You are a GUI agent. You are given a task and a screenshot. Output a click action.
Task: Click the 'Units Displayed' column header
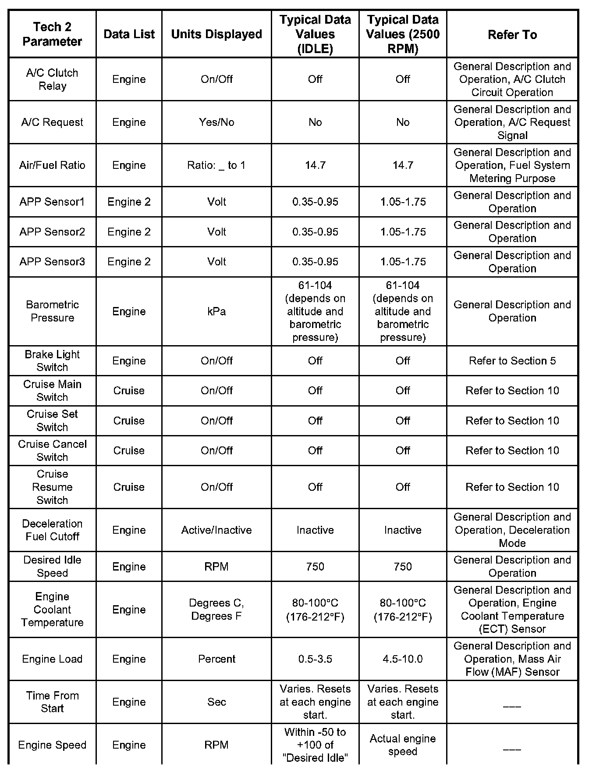point(216,34)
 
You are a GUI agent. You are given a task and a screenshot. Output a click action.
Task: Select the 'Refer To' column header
point(512,35)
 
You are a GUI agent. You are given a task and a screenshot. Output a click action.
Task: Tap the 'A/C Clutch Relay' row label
point(52,79)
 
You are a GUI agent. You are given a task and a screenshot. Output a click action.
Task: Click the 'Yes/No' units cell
point(216,122)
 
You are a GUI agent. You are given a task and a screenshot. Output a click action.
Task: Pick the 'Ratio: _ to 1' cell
point(216,165)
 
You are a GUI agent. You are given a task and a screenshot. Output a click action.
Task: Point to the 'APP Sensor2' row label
point(52,232)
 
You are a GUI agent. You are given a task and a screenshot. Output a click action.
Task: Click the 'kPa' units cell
point(216,311)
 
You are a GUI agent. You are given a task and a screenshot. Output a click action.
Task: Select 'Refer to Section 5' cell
point(512,361)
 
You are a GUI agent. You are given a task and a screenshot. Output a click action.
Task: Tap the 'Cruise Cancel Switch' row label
point(52,450)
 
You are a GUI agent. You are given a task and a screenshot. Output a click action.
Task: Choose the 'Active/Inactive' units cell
point(216,530)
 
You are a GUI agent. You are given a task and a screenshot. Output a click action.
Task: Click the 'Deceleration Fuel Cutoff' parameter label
point(52,530)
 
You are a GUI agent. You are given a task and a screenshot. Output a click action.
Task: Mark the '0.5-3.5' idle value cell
point(315,659)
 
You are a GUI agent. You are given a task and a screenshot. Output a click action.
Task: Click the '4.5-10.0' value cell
point(402,659)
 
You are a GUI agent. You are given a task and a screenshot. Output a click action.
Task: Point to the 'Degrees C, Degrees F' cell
point(216,610)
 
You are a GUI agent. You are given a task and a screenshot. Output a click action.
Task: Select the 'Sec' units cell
point(216,702)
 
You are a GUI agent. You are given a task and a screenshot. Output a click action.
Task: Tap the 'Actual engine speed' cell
point(402,745)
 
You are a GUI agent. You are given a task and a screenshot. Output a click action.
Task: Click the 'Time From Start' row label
point(52,702)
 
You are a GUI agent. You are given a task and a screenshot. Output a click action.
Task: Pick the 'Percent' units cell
point(216,659)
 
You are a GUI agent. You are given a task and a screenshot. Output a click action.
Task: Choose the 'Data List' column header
point(129,34)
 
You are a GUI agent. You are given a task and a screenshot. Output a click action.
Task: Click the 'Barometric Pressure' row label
point(52,311)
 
